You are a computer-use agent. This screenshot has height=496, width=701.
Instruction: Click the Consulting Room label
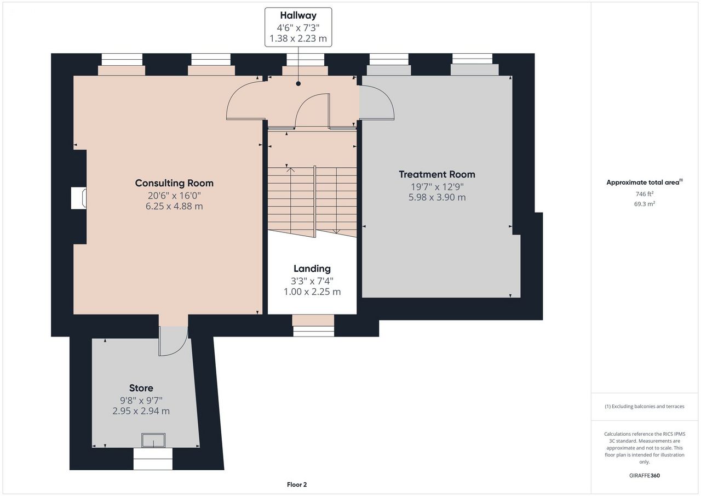point(174,183)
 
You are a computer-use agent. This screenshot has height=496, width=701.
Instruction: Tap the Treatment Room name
point(437,174)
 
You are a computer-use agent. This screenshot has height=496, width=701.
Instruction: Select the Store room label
point(141,388)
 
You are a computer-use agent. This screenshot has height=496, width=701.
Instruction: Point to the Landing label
point(312,269)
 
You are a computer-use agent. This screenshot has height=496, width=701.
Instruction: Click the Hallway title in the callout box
point(298,15)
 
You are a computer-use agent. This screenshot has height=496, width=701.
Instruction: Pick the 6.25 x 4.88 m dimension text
point(174,207)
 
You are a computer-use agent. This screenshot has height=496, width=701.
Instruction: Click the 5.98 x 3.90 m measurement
point(437,197)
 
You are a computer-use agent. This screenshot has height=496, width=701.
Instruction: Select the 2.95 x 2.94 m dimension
point(141,411)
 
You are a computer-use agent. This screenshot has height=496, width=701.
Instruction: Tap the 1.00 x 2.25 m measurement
point(312,292)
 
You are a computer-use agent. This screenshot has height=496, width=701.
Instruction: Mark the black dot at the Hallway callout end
point(298,84)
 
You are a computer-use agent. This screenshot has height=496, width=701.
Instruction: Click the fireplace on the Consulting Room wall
point(79,198)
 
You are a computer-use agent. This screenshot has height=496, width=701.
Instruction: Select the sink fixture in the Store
point(153,440)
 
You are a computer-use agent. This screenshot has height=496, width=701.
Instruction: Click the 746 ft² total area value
point(645,194)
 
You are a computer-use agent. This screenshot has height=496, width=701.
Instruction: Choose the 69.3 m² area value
point(645,204)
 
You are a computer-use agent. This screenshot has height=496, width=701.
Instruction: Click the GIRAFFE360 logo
point(645,475)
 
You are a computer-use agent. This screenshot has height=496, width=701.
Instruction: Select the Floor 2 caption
point(297,484)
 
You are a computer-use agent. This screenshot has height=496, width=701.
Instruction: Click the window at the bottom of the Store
point(153,459)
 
